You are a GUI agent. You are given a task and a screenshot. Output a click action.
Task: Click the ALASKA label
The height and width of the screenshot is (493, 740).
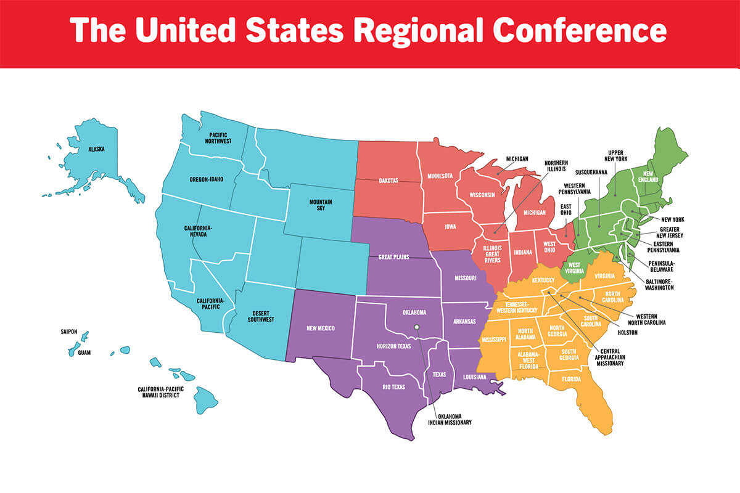pyautogui.click(x=96, y=149)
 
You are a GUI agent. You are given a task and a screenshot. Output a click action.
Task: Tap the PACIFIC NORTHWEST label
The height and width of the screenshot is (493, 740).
pyautogui.click(x=220, y=137)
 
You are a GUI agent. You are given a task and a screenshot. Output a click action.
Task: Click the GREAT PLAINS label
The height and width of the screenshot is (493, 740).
pyautogui.click(x=395, y=257)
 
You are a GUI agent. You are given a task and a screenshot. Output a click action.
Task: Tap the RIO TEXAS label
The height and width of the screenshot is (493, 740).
pyautogui.click(x=379, y=389)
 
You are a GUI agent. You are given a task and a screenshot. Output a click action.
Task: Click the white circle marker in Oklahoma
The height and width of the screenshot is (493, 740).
pyautogui.click(x=417, y=327)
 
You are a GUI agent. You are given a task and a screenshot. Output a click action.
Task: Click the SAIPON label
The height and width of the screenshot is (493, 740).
pyautogui.click(x=69, y=331)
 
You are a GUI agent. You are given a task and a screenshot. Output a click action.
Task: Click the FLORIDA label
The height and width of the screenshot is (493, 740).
pyautogui.click(x=571, y=379)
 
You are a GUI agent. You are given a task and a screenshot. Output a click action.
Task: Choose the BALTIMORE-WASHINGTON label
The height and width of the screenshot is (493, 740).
pyautogui.click(x=659, y=283)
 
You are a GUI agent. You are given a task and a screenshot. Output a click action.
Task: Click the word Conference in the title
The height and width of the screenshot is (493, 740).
pyautogui.click(x=581, y=31)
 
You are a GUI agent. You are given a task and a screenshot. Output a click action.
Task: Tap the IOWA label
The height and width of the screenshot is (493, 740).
pyautogui.click(x=451, y=227)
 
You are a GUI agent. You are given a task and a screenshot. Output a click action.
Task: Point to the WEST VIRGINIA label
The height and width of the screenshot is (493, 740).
pyautogui.click(x=573, y=269)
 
